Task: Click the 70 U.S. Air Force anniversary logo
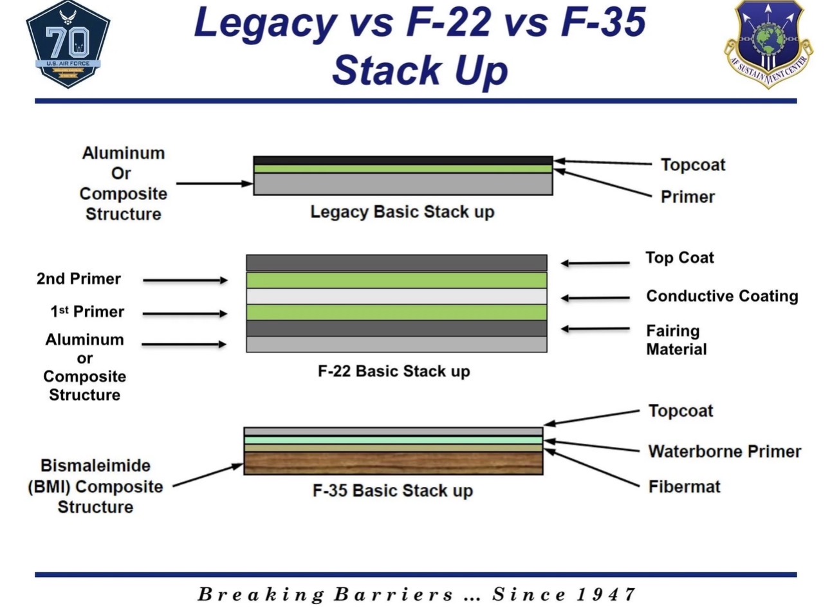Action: [x=68, y=45]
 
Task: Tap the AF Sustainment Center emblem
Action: [x=768, y=44]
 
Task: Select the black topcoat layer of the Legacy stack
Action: [x=403, y=161]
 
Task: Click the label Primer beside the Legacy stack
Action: [x=688, y=197]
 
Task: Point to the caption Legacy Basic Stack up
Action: [x=402, y=212]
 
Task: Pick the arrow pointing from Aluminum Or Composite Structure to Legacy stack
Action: [x=214, y=183]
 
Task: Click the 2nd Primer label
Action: [x=78, y=279]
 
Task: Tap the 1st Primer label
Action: [x=87, y=312]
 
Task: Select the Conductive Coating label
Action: [x=722, y=296]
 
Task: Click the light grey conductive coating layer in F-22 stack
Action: [x=397, y=296]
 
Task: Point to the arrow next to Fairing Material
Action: [x=595, y=329]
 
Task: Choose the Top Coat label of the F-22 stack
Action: [x=679, y=258]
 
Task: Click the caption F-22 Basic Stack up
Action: [x=394, y=371]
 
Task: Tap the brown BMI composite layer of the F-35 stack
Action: [x=394, y=463]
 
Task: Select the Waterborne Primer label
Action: [x=724, y=451]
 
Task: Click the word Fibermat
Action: [x=685, y=487]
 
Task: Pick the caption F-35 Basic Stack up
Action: [x=392, y=491]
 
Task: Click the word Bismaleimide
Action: [x=96, y=466]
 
